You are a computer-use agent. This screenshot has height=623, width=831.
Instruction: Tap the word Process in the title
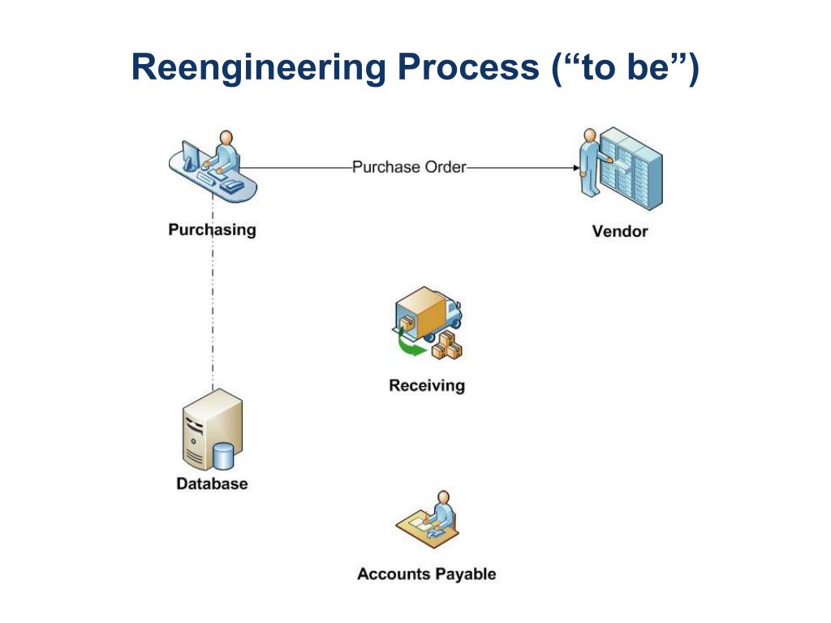[x=468, y=67]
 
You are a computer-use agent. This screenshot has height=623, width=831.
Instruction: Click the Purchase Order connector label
[x=409, y=167]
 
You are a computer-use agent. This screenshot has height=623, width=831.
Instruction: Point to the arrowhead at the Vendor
[x=576, y=168]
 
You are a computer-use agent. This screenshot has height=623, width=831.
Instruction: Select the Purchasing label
[x=212, y=230]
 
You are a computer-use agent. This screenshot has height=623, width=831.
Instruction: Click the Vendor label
[x=619, y=231]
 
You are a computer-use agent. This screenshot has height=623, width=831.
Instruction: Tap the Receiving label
[x=427, y=385]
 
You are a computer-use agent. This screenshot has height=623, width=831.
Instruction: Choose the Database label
[x=212, y=483]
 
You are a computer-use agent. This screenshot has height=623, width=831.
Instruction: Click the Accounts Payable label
[x=427, y=574]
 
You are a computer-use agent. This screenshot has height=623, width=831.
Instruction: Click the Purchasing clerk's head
[x=226, y=137]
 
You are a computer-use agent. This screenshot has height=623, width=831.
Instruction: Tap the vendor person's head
[x=590, y=135]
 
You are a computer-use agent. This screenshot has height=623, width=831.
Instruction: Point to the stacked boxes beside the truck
[x=447, y=346]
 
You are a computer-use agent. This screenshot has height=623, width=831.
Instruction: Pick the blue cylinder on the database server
[x=223, y=456]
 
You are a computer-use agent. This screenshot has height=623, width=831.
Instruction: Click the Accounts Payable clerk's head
[x=444, y=497]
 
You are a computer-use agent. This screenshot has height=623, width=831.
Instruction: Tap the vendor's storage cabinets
[x=631, y=168]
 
